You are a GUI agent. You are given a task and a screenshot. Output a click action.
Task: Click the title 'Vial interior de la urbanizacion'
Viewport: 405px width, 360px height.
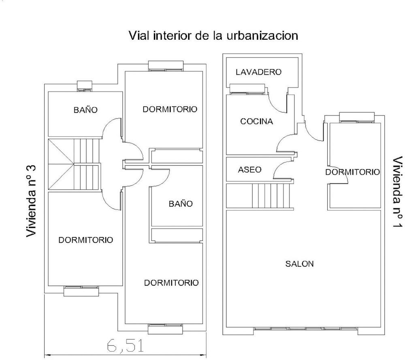click(x=213, y=35)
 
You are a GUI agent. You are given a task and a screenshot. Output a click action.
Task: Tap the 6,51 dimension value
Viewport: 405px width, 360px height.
click(x=125, y=345)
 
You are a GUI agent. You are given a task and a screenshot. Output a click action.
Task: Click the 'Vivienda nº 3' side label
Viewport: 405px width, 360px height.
click(x=31, y=201)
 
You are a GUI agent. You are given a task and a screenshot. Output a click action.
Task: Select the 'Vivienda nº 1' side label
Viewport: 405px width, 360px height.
click(x=398, y=192)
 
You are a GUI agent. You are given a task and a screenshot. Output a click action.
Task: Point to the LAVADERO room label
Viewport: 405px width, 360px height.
click(x=258, y=72)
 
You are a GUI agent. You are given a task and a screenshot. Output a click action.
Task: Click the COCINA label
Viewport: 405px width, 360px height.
click(x=256, y=121)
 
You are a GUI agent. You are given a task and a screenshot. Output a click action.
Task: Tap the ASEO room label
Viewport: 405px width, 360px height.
click(x=249, y=169)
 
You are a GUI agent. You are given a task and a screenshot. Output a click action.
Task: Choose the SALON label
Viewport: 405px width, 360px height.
click(x=299, y=264)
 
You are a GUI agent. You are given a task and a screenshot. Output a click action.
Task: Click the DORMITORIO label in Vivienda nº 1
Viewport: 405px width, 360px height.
click(x=352, y=172)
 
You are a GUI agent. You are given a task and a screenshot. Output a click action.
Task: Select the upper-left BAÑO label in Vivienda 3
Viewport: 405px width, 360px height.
click(x=85, y=109)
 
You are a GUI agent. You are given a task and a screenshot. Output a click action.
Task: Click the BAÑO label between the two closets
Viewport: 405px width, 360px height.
click(x=181, y=204)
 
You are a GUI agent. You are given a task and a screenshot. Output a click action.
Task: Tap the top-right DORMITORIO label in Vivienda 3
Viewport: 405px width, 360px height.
click(x=170, y=109)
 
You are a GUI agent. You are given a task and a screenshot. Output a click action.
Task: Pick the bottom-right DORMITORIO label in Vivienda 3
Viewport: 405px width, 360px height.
click(x=171, y=283)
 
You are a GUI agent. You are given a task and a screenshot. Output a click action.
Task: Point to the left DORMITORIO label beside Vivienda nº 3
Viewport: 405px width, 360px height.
click(x=85, y=240)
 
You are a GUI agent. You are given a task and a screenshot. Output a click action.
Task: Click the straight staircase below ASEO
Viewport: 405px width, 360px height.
click(x=273, y=196)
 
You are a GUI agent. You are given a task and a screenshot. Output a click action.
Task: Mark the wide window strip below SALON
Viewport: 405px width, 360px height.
click(x=306, y=329)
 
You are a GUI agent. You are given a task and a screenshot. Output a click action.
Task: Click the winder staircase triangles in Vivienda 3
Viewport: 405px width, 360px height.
click(x=61, y=165)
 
